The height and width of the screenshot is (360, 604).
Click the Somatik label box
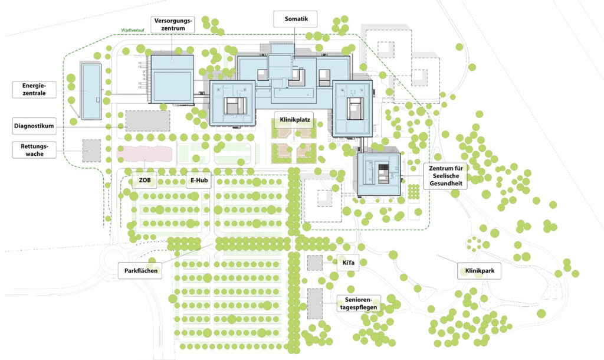point(296,19)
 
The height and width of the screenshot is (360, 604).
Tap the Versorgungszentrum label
point(173,25)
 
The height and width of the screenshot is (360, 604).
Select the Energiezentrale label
point(34,90)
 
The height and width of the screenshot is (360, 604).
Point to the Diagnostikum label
point(34,126)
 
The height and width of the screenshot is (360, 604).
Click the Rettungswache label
point(34,150)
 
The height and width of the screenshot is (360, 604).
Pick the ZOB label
point(145,181)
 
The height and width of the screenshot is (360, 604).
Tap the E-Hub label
point(199,181)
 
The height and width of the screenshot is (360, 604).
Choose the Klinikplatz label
point(295,120)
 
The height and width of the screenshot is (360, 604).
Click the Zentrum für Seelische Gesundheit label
point(446,176)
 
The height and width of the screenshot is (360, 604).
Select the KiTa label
point(348,263)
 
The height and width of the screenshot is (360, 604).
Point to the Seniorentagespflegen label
point(359,303)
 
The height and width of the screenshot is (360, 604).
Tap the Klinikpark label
point(479,271)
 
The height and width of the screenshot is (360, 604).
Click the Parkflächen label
point(140,270)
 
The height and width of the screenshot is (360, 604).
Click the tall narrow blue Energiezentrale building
point(91,91)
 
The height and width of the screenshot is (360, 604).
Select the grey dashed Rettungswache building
point(91,150)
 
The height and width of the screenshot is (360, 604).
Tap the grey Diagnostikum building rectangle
point(147,120)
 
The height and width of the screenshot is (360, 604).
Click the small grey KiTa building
point(315,263)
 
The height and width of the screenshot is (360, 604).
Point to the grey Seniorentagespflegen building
point(315,304)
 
